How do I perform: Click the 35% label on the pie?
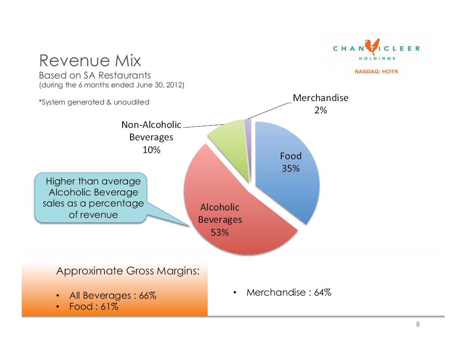291,169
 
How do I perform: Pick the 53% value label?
220,232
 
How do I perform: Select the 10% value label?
151,150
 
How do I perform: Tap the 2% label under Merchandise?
321,111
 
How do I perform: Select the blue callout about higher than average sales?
91,198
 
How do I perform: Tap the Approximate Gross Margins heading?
128,271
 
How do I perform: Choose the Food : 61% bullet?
93,307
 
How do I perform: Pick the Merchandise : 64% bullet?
289,292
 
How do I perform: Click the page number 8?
418,324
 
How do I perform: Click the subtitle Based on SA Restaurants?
95,76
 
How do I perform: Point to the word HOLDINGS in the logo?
377,58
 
